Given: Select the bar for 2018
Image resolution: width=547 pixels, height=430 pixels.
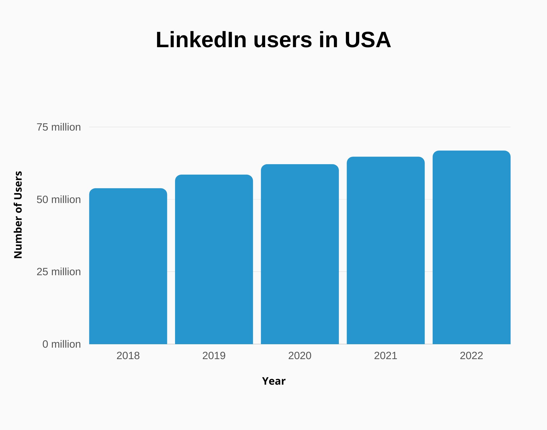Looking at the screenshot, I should pos(128,266).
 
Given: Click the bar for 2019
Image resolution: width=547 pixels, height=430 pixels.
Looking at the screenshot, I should pos(214,259).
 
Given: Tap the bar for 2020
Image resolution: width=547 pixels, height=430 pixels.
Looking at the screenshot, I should pos(300,254).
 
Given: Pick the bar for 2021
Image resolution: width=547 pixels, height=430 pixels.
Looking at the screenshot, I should pos(386,250).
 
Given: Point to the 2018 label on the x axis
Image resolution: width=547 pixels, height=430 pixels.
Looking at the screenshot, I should pos(128,356).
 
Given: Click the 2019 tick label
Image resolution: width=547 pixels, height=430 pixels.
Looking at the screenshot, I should pos(214,356).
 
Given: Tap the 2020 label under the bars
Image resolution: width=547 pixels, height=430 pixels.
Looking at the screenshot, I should pos(300,356).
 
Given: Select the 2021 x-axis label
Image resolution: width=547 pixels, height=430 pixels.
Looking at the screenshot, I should pos(386,356).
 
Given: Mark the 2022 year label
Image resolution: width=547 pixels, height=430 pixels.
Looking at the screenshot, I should pos(471,356).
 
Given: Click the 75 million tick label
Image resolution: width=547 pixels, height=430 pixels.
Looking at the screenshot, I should pos(59,127).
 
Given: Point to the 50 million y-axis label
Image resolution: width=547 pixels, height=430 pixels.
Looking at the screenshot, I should pos(59,200).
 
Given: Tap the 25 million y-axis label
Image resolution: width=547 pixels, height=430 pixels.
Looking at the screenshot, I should pos(59,272).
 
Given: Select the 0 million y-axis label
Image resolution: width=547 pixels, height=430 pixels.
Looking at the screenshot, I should pos(61,344).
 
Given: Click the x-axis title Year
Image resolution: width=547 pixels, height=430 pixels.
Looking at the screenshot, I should pos(273,381).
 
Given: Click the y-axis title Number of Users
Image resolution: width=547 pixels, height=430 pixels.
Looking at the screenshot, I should pos(18,215).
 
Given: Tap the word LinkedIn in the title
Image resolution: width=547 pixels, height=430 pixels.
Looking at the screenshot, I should pos(201,40).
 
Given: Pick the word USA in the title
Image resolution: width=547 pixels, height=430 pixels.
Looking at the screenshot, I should pos(368,40).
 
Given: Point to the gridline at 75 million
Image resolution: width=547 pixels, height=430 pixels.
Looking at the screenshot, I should pos(300,127).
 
